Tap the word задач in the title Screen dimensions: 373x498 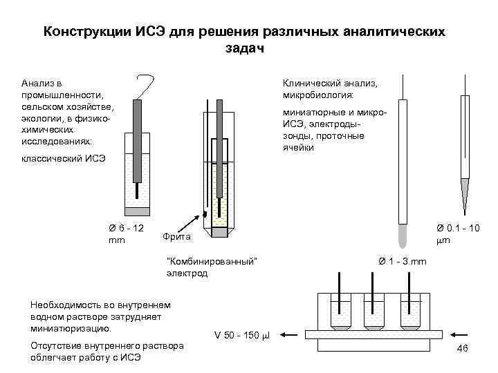click(245, 48)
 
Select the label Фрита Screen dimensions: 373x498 click(178, 238)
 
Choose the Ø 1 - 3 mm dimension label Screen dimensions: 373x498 click(403, 260)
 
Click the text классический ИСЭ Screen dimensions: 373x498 click(64, 160)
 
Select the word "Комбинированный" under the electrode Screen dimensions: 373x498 click(213, 260)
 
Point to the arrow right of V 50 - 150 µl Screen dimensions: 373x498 click(289, 336)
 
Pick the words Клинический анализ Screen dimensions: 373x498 click(328, 83)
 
